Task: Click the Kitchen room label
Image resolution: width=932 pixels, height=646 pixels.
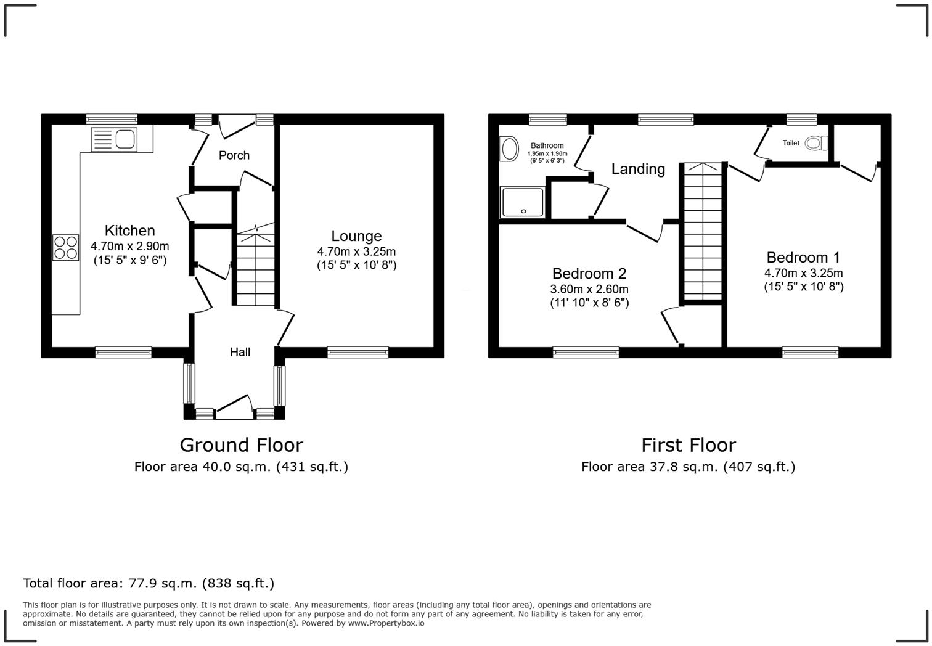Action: (x=129, y=231)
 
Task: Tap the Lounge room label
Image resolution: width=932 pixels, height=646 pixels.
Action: (x=356, y=236)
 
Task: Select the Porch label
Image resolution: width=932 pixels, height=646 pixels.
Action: (x=234, y=155)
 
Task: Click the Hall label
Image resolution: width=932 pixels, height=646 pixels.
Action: (x=240, y=352)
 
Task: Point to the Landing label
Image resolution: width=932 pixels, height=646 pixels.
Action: (x=638, y=169)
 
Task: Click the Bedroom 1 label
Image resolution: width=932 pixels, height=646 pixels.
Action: (x=803, y=258)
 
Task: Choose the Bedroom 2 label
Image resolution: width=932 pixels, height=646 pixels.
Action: (x=589, y=274)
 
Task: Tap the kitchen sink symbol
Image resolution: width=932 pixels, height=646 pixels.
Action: (x=115, y=139)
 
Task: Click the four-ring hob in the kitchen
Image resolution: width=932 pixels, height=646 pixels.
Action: (x=65, y=248)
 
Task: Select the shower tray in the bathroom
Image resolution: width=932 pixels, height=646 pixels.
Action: (x=523, y=202)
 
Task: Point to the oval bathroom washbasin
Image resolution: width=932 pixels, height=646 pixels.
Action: (x=509, y=149)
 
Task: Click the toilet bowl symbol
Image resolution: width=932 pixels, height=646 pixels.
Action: (x=815, y=143)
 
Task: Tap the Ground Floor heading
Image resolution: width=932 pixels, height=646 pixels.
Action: (x=241, y=445)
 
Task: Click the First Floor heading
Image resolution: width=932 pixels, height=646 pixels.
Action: (x=688, y=445)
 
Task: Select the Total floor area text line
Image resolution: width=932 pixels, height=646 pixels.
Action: (x=149, y=583)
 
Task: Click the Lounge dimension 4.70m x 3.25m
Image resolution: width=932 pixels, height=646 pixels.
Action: (x=356, y=251)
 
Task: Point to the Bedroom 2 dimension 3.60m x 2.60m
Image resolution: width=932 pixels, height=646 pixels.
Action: (x=589, y=289)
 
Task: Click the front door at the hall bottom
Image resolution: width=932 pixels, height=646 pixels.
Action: (x=234, y=407)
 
